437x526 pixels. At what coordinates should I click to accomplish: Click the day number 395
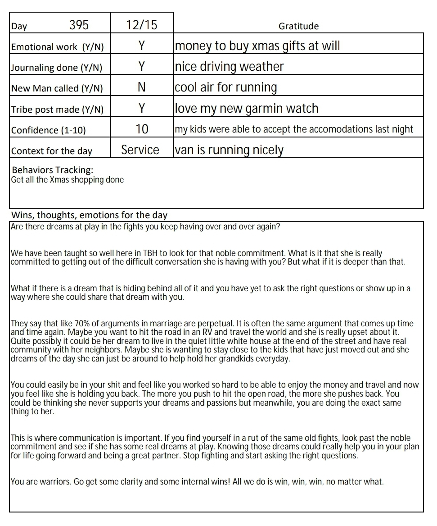[x=79, y=25]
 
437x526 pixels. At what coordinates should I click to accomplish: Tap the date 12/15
[x=142, y=25]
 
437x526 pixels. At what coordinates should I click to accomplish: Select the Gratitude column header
[x=298, y=26]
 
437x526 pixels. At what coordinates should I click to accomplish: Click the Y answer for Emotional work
[x=142, y=46]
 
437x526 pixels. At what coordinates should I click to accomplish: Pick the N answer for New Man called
[x=142, y=87]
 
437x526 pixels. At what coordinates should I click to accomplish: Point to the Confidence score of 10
[x=142, y=129]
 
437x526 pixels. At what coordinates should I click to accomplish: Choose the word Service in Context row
[x=140, y=150]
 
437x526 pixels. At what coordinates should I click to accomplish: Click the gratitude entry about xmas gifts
[x=257, y=46]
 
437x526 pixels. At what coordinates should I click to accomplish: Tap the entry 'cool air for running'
[x=226, y=87]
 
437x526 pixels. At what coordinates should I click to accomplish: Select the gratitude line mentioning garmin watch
[x=247, y=109]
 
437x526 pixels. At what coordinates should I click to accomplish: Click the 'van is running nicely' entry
[x=229, y=150]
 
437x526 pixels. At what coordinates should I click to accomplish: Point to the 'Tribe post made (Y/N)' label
[x=57, y=110]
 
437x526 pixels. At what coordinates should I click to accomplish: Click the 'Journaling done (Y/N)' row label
[x=57, y=68]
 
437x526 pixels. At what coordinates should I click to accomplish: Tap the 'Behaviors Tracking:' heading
[x=53, y=170]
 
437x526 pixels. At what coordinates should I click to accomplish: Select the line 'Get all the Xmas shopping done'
[x=68, y=180]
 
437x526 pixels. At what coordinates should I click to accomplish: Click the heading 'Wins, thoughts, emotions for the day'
[x=89, y=215]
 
